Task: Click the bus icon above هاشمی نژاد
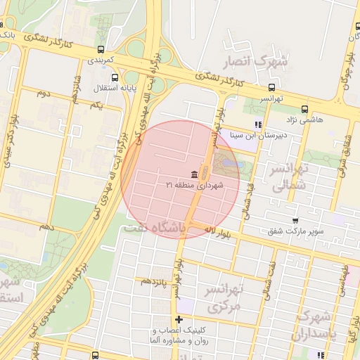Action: click(x=304, y=109)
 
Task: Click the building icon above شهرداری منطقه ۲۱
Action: click(x=193, y=174)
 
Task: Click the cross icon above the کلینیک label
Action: click(x=179, y=320)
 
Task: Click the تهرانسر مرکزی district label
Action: click(x=225, y=298)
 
